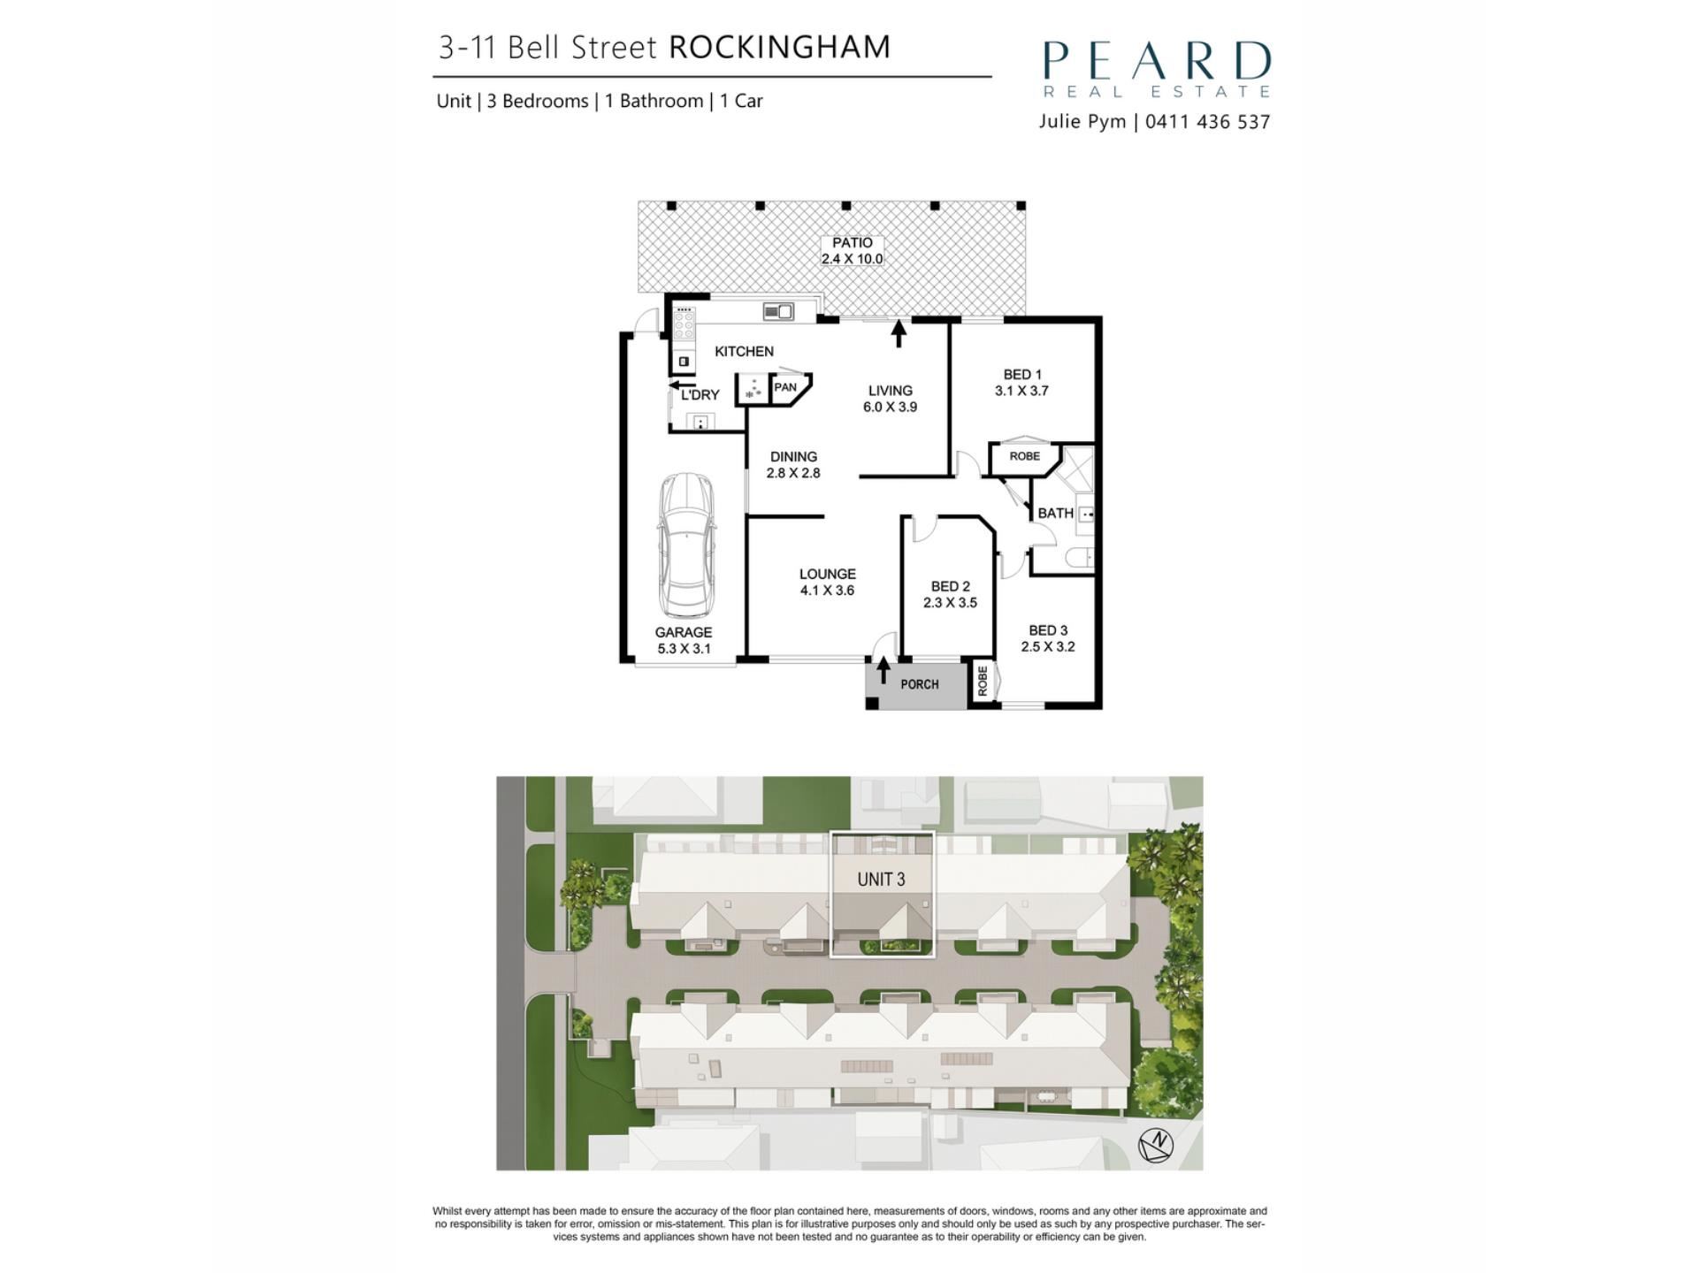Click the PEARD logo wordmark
pos(1157,61)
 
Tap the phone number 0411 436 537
pos(1207,122)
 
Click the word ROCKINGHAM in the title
pos(779,47)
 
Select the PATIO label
pos(853,242)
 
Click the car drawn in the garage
pos(686,545)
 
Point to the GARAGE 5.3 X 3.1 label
pos(684,640)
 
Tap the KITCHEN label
pos(744,351)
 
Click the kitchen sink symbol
pos(778,310)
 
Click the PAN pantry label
pos(785,387)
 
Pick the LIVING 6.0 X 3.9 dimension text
pos(890,399)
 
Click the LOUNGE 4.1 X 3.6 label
pos(828,582)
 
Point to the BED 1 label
pos(1022,374)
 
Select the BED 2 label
pos(951,586)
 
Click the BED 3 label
pos(1048,630)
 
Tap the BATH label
pos(1055,513)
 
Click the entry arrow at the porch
pos(883,670)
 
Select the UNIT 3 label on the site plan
pos(881,879)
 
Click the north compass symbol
pos(1156,1146)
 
